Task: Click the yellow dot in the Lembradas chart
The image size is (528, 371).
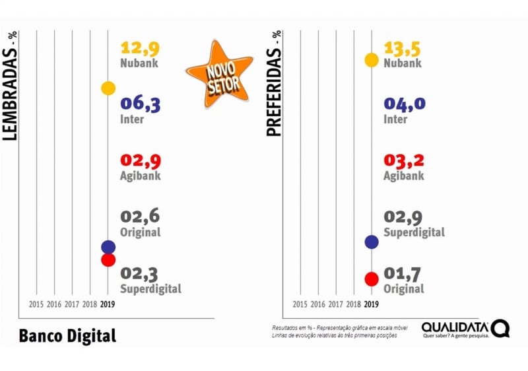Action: tap(108, 88)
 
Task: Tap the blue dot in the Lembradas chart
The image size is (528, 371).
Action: tap(108, 247)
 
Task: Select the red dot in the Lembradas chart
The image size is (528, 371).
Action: tap(108, 260)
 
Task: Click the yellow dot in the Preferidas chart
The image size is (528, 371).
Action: tap(372, 60)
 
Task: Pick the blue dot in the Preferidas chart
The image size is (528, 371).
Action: tap(372, 242)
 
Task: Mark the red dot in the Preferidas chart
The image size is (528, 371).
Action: tap(372, 279)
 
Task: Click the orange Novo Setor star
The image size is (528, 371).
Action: tap(218, 73)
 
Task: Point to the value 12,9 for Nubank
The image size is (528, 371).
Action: tap(140, 48)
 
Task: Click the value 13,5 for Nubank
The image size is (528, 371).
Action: tap(403, 48)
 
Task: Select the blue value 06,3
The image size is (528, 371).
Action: tap(140, 104)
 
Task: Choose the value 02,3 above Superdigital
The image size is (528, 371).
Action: tap(140, 273)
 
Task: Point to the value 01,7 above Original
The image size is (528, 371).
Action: tap(403, 273)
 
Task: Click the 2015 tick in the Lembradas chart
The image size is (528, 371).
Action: tap(36, 304)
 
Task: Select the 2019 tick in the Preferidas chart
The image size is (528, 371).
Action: tap(372, 304)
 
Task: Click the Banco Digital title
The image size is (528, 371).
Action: tap(67, 335)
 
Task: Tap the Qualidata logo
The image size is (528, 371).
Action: tap(465, 329)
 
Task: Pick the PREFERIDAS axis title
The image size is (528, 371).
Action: tap(274, 83)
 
